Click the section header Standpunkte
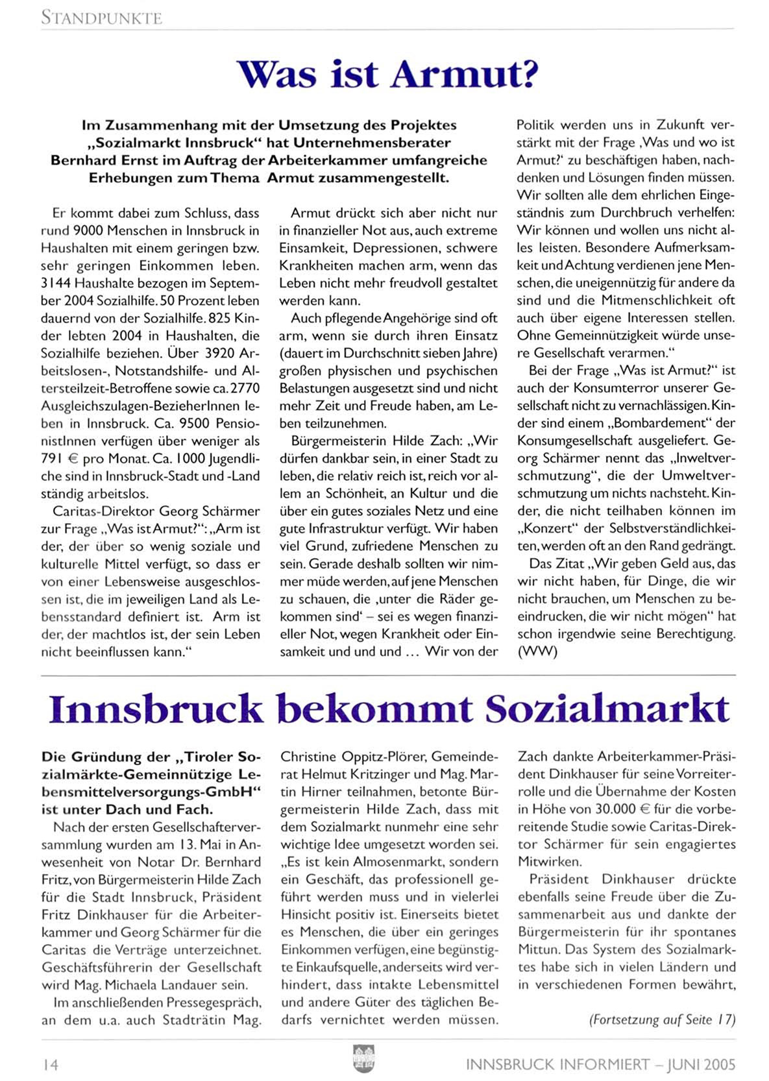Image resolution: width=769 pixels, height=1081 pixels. pos(101,18)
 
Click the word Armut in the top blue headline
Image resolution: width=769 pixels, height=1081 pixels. pos(465,74)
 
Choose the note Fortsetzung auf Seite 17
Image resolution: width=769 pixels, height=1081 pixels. pos(663,1019)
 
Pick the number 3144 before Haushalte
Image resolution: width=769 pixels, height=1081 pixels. pos(56,283)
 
